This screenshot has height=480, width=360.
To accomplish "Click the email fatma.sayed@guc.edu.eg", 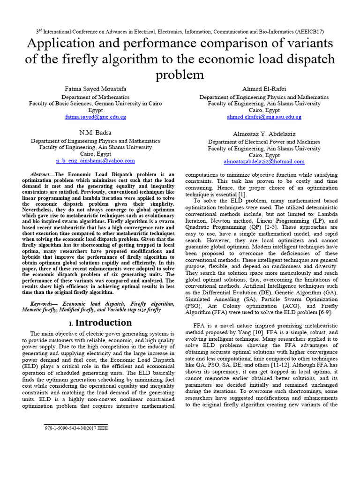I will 96,117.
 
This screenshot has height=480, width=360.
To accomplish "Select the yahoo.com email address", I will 96,160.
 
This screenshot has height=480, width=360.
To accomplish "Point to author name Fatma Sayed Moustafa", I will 96,89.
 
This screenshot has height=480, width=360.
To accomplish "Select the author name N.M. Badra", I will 96,132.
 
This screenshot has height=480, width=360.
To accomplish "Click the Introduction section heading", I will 104,322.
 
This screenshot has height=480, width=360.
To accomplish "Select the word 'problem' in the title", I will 180,75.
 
